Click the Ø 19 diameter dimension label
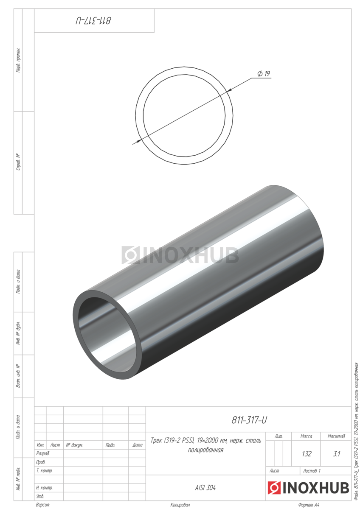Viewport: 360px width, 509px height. (264, 74)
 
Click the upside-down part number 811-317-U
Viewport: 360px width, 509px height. (93, 21)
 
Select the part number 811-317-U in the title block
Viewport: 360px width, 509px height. (249, 420)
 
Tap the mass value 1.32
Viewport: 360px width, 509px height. (307, 454)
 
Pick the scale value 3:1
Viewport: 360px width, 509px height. (336, 454)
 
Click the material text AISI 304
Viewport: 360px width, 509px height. (205, 488)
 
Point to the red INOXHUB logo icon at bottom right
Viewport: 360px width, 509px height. (274, 488)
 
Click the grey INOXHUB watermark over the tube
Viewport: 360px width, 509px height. (180, 255)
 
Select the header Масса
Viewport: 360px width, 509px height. (306, 436)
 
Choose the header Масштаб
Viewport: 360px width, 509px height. (336, 436)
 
